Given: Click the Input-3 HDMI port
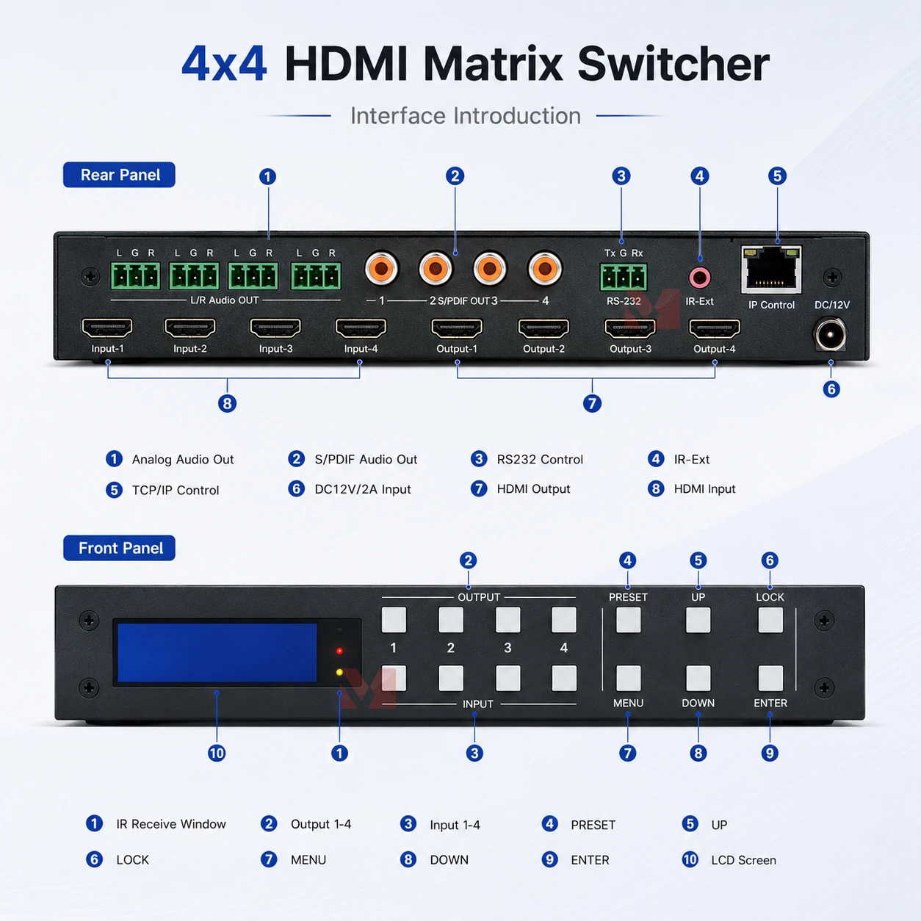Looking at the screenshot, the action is [x=275, y=328].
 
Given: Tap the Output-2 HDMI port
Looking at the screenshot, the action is [x=543, y=328].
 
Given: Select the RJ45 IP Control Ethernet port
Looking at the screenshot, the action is [x=771, y=270].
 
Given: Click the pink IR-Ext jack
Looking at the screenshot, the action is [x=700, y=277].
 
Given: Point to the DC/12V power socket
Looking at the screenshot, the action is [x=830, y=335].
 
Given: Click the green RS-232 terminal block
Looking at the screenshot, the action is [x=624, y=277].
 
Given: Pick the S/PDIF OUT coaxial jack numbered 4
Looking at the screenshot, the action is [x=544, y=269].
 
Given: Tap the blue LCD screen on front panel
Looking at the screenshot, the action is [x=217, y=652].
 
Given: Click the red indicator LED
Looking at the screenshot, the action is [x=339, y=651].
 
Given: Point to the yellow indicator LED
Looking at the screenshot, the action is [x=339, y=672].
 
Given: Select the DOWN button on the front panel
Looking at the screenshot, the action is [x=698, y=678].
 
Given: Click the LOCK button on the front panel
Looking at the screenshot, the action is [x=770, y=620].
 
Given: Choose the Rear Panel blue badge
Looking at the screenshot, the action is [x=119, y=175].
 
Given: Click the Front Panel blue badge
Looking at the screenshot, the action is [x=119, y=548].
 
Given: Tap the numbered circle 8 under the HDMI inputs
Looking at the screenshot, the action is [x=227, y=403].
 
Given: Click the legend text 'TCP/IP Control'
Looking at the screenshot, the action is [x=176, y=490].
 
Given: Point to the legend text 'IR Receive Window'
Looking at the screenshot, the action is [x=171, y=824].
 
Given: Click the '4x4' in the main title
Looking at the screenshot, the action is [x=224, y=64].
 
